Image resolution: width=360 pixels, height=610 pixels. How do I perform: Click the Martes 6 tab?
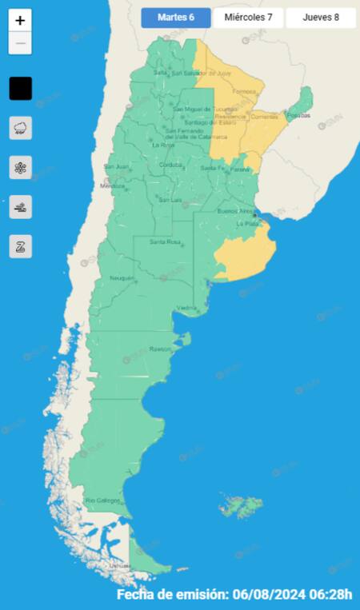coord(176,18)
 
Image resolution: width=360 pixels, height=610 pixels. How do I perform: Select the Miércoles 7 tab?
coord(248,18)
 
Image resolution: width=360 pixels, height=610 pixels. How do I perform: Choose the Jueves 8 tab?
coord(320,18)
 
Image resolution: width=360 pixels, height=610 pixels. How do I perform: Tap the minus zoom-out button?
coord(20,43)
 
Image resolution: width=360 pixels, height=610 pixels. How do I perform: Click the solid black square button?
coord(21,88)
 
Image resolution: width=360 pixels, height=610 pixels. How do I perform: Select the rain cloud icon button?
coord(21,128)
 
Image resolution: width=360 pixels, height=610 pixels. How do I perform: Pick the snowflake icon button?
coord(21,168)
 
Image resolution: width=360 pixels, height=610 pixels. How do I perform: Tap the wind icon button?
coord(21,207)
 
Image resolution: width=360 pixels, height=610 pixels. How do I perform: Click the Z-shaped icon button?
coord(21,246)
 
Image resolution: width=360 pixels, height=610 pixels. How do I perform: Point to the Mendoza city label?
coord(113,186)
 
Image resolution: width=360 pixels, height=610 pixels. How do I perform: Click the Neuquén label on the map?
coord(122,277)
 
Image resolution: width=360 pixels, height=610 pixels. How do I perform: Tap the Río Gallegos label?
coord(102,500)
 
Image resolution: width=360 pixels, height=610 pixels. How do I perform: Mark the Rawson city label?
coord(160,349)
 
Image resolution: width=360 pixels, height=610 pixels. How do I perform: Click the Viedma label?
coord(187,308)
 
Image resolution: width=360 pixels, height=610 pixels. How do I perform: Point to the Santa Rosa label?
coord(162,241)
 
